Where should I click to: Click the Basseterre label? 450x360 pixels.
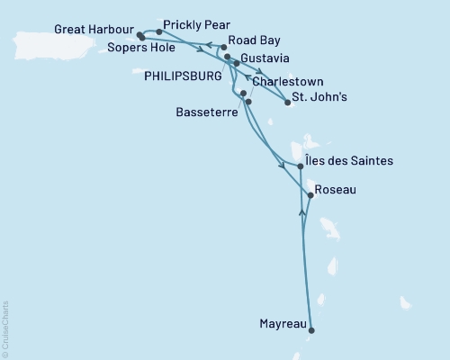pyautogui.click(x=202, y=113)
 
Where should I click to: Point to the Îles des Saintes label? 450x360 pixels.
pyautogui.click(x=348, y=161)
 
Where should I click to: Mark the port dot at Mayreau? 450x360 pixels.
pyautogui.click(x=312, y=331)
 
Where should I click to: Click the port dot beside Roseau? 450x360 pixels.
pyautogui.click(x=310, y=194)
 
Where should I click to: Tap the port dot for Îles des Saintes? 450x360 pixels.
pyautogui.click(x=300, y=166)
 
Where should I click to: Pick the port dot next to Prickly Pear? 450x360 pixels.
pyautogui.click(x=159, y=31)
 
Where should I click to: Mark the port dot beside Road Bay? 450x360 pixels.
pyautogui.click(x=223, y=46)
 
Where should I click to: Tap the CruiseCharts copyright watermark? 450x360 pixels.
pyautogui.click(x=5, y=328)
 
